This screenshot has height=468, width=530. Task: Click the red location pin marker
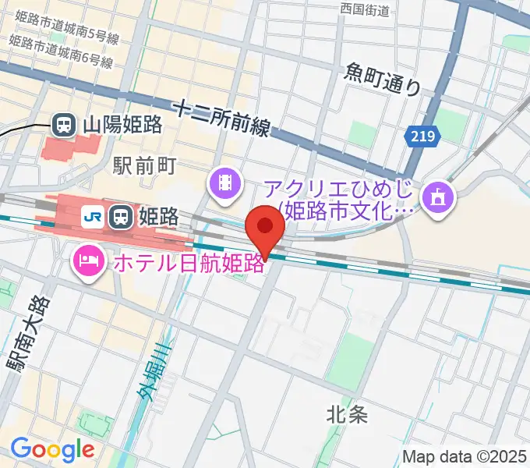tap(265, 229)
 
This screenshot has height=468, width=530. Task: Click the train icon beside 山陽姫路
tap(63, 123)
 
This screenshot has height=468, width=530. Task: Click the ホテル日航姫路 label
tap(187, 262)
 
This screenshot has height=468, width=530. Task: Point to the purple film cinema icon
tap(224, 183)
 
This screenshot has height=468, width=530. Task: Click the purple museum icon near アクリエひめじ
tap(434, 195)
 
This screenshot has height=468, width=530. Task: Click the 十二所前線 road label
tap(221, 117)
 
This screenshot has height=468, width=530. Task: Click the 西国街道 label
tap(365, 9)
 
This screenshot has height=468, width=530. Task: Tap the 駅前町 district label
tap(146, 165)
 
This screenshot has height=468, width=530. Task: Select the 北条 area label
tap(347, 415)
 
